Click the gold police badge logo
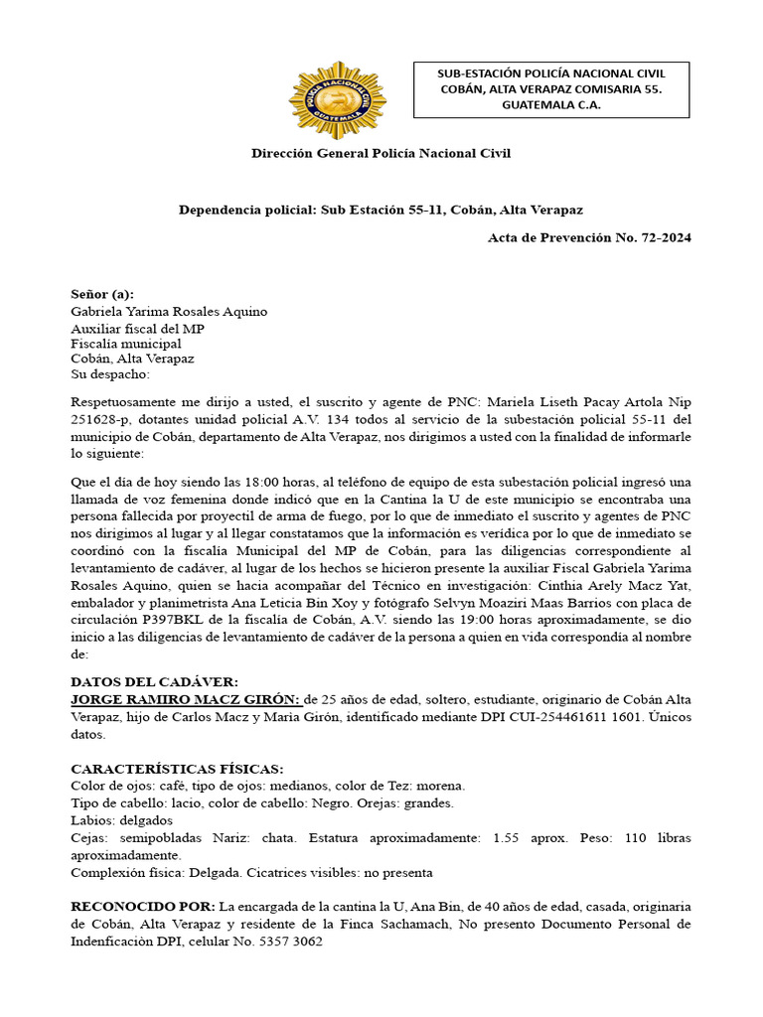[x=337, y=100]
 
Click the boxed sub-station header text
[x=551, y=89]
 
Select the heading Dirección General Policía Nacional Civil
[x=381, y=153]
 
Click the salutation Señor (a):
[x=102, y=295]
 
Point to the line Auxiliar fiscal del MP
[x=137, y=328]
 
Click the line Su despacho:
[x=110, y=374]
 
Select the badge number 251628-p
[x=102, y=419]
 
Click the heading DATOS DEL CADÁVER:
[x=154, y=682]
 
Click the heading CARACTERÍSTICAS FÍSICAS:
[x=177, y=769]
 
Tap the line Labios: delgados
[x=121, y=820]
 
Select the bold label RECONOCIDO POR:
[x=143, y=908]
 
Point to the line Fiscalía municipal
[x=125, y=343]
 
